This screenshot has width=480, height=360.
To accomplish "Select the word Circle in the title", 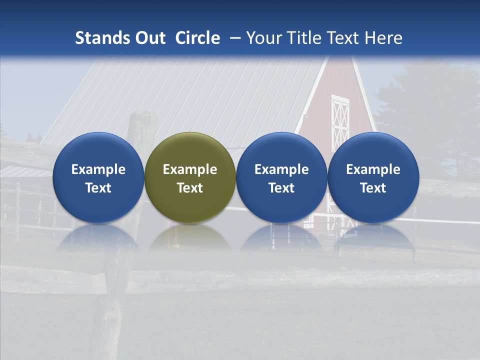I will pos(197,38).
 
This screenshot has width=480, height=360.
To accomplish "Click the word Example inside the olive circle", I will pos(190,169).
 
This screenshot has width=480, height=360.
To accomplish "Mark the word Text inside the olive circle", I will pos(190,188).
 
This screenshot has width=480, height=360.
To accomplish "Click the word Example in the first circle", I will pos(98,169).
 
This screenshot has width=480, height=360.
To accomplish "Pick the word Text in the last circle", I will pos(373,188).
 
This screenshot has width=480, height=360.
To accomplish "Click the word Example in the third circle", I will pos(281,169).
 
